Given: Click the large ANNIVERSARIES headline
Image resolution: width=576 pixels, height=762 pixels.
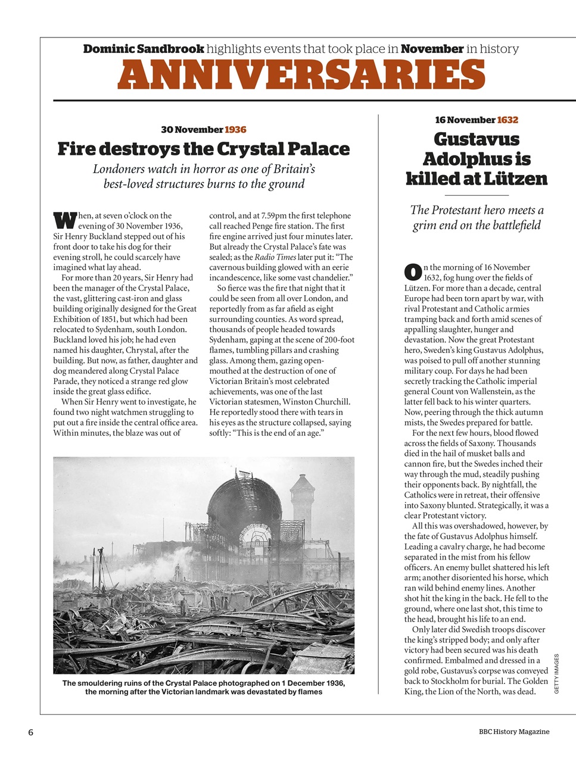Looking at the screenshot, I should click(x=301, y=75).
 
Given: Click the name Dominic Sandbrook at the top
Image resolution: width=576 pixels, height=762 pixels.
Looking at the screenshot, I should click(x=144, y=49).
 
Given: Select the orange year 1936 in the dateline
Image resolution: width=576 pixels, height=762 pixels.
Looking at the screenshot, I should click(x=235, y=130).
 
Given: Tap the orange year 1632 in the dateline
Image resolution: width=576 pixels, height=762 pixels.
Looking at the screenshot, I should click(x=507, y=120).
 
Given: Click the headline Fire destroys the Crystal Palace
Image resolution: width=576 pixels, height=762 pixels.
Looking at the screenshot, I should click(x=203, y=149).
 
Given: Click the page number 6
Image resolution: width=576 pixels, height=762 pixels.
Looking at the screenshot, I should click(x=30, y=732).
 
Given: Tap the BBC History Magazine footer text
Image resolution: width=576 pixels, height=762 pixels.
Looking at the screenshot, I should click(x=513, y=732).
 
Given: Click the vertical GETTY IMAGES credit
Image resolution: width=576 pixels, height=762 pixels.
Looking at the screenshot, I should click(x=556, y=673).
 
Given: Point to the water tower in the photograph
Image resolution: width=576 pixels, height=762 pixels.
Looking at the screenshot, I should click(x=303, y=503).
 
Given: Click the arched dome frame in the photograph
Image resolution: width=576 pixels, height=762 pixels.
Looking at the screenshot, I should click(x=244, y=497).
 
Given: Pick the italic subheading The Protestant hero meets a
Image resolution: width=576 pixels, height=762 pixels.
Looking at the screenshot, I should click(x=477, y=210).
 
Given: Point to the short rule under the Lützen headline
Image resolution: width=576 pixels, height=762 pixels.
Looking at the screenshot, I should click(x=477, y=195).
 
